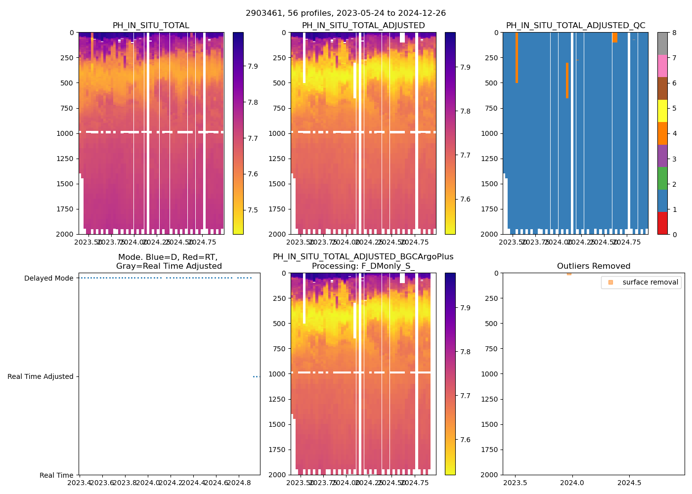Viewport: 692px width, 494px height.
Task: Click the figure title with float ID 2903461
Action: pos(346,13)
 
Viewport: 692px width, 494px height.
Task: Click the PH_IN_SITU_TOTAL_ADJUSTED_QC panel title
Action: pos(575,26)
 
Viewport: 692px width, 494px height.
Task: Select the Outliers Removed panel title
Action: pos(593,266)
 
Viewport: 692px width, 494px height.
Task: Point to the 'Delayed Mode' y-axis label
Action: pos(48,278)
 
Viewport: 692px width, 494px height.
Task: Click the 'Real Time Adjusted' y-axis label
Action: pos(40,376)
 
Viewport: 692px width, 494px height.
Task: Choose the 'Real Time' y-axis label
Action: pos(56,475)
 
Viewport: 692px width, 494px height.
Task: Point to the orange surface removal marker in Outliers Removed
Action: pos(569,274)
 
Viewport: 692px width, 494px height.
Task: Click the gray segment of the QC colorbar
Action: pos(662,43)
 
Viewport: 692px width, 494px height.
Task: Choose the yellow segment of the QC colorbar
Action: pos(662,111)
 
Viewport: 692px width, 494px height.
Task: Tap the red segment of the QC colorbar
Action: pos(662,223)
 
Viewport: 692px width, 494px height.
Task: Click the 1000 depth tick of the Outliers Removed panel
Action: pos(489,374)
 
